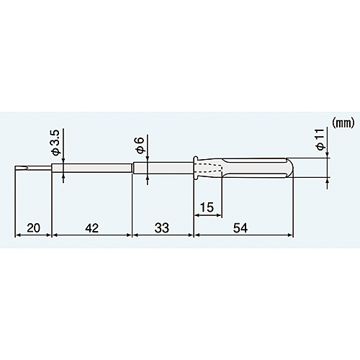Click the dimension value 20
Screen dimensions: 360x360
(33, 228)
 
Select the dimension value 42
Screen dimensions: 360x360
(92, 228)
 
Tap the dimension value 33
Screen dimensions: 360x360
(162, 228)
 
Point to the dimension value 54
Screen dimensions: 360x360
(240, 228)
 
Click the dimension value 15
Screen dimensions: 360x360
(207, 207)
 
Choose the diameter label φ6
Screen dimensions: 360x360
(140, 145)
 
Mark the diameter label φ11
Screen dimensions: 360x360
(320, 140)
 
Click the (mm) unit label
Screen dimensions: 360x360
(343, 122)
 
